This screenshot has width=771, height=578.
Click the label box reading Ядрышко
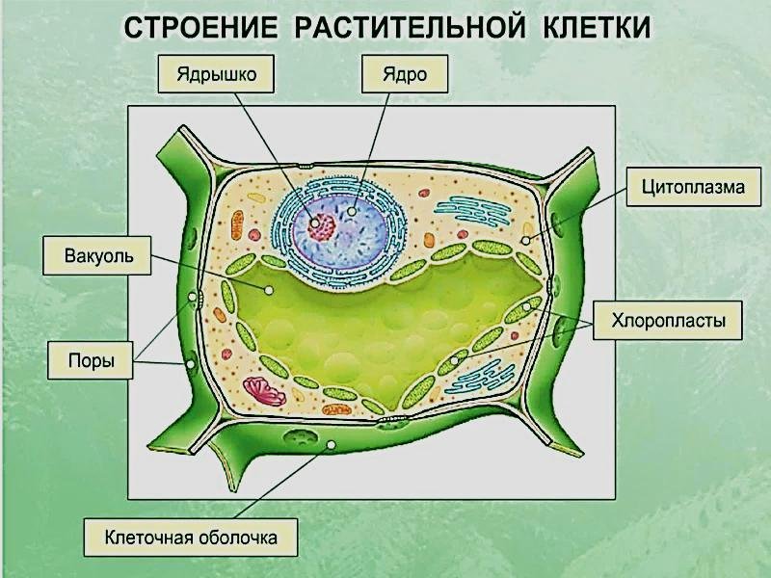click(x=216, y=74)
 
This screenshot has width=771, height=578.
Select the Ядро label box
click(x=405, y=74)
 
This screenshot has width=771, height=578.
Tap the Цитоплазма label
click(x=693, y=187)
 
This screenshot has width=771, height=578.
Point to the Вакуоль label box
click(x=97, y=255)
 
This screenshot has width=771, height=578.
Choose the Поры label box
click(x=90, y=360)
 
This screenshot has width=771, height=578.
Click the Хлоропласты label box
click(x=668, y=321)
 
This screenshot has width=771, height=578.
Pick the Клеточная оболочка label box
click(x=191, y=538)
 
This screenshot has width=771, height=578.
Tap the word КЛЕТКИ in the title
click(x=597, y=28)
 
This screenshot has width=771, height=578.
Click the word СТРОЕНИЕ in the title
click(x=200, y=28)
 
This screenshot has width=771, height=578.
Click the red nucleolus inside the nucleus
click(x=322, y=226)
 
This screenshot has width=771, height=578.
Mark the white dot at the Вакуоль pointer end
click(x=269, y=291)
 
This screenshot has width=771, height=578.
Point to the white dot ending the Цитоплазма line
click(x=525, y=241)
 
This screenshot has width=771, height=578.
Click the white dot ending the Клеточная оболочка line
click(x=332, y=445)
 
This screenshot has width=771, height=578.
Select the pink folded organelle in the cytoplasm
click(x=265, y=391)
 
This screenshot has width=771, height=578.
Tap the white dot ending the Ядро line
click(x=352, y=211)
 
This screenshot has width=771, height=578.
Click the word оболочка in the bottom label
click(x=238, y=538)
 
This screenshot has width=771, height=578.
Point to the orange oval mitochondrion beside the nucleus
click(x=237, y=224)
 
